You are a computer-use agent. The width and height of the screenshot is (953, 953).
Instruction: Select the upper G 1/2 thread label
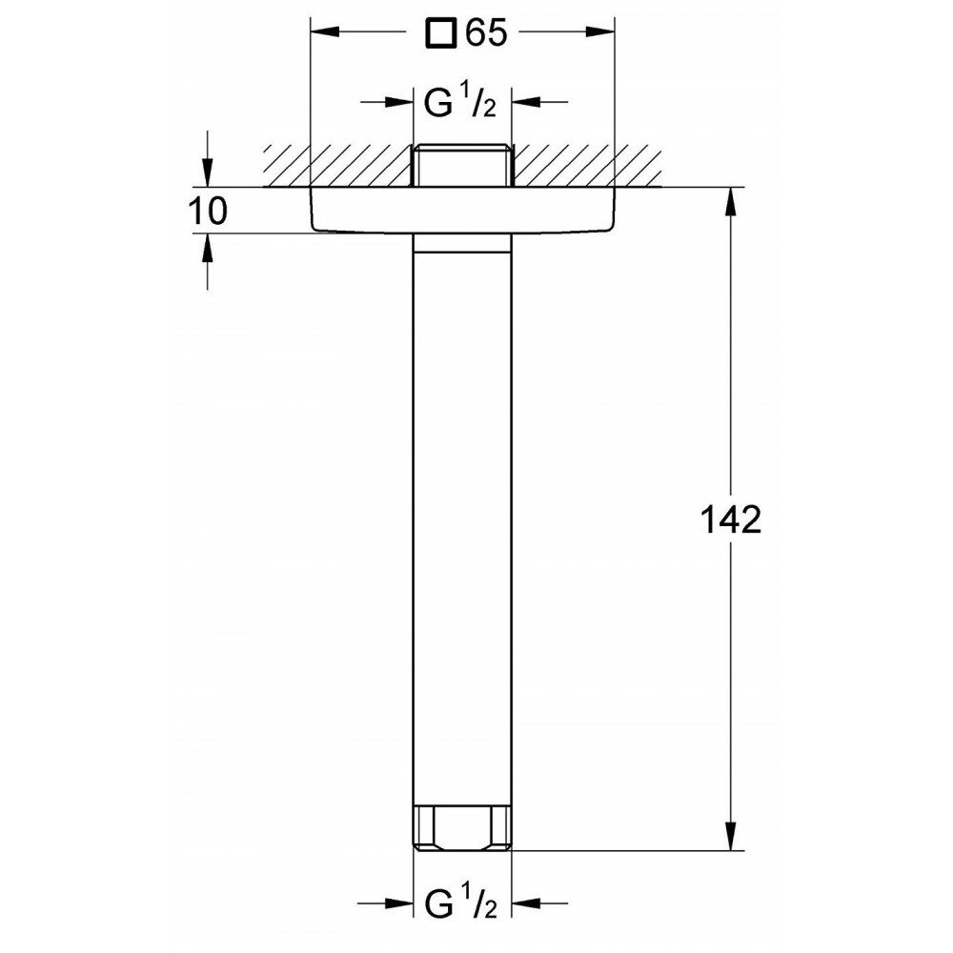pyautogui.click(x=460, y=102)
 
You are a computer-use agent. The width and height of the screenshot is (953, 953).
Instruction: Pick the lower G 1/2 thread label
pyautogui.click(x=460, y=903)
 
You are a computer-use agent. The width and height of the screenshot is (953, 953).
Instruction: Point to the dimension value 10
pyautogui.click(x=208, y=211)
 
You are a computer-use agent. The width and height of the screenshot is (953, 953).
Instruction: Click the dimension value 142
pyautogui.click(x=731, y=519)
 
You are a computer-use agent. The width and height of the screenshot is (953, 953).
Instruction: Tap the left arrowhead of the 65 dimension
pyautogui.click(x=325, y=32)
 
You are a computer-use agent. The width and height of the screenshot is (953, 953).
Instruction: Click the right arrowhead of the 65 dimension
pyautogui.click(x=600, y=32)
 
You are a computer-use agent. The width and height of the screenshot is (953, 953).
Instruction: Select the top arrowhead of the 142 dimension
pyautogui.click(x=731, y=201)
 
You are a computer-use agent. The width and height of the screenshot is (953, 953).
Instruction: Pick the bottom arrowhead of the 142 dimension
pyautogui.click(x=731, y=837)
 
